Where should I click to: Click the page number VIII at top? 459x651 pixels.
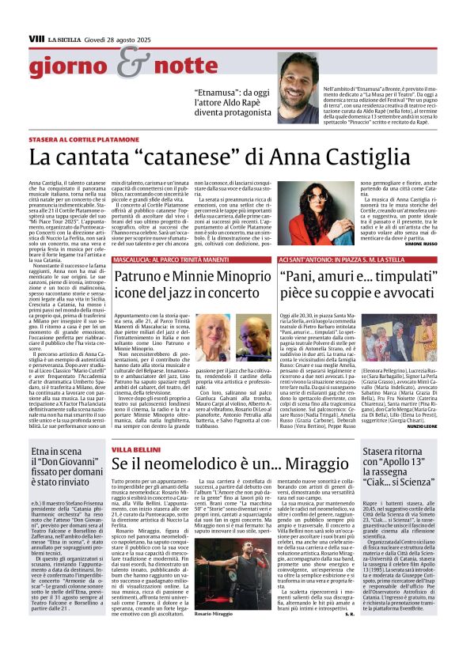[x=36, y=37]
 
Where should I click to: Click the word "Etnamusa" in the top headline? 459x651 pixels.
[x=223, y=92]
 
